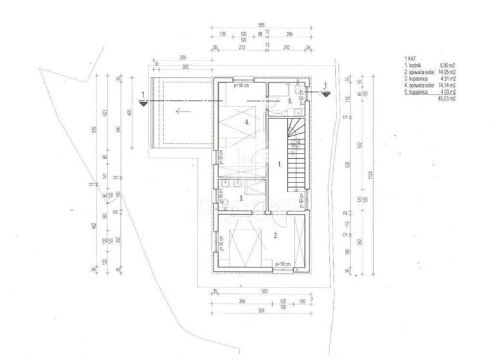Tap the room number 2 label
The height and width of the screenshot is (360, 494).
pos(275,236)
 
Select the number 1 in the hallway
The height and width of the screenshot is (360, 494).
pos(280,165)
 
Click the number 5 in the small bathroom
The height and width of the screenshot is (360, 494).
pos(290,101)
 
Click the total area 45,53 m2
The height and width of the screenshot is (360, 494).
pos(446,99)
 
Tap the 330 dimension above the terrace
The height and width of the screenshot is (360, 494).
pos(183,57)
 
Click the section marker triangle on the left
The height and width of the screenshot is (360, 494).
pos(143,102)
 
